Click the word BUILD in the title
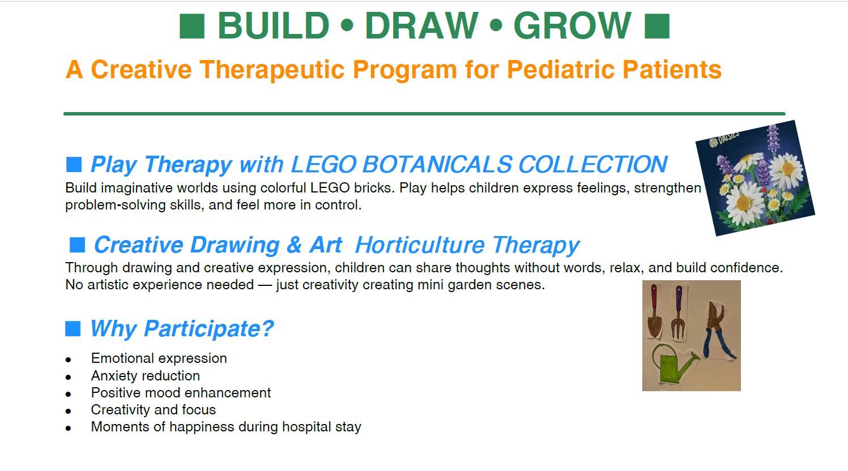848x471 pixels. point(274,25)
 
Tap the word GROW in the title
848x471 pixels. point(572,25)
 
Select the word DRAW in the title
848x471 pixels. point(421,25)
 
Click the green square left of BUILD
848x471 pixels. point(192,26)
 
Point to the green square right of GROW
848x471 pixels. point(657,26)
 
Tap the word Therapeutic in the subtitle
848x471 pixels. point(272,70)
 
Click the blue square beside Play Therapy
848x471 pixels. point(74,165)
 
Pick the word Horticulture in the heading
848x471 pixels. point(420,245)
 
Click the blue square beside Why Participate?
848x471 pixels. point(73,328)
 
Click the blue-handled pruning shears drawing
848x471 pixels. point(717,329)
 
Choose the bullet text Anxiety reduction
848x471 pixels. point(146,376)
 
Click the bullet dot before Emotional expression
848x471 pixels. point(68,360)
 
